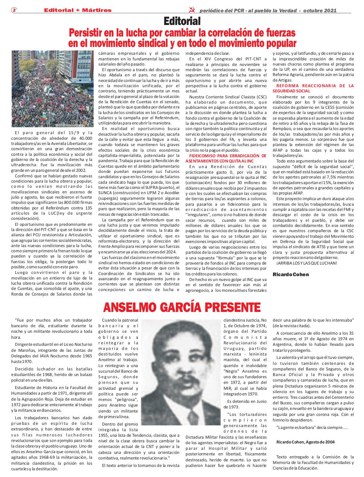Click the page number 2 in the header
tap(14, 10)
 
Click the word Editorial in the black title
tap(182, 21)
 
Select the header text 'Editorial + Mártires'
tap(77, 10)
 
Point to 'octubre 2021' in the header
tap(320, 10)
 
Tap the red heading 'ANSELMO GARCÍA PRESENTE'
tap(182, 307)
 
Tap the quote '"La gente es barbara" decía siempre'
tap(312, 427)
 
